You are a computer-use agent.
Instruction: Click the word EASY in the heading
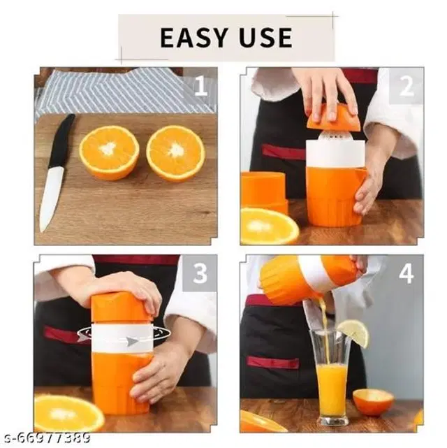click(193, 38)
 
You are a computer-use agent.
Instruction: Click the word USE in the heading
click(265, 38)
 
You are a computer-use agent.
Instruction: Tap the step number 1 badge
click(200, 86)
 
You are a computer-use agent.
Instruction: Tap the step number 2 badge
click(406, 86)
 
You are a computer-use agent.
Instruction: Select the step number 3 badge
click(200, 273)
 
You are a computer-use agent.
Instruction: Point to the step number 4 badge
click(406, 273)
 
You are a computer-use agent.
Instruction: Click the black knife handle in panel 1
click(61, 140)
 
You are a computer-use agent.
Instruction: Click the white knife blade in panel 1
click(51, 198)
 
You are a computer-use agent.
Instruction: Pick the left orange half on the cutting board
click(109, 153)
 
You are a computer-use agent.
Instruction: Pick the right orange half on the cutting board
click(175, 154)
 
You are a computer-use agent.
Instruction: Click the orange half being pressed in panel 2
click(332, 117)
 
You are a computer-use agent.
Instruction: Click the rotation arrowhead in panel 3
click(131, 341)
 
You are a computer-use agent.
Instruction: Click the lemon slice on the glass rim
click(353, 333)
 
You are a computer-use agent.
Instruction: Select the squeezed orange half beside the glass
click(373, 402)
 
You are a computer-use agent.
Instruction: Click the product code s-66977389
click(45, 438)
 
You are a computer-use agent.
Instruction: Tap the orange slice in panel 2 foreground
click(269, 226)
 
